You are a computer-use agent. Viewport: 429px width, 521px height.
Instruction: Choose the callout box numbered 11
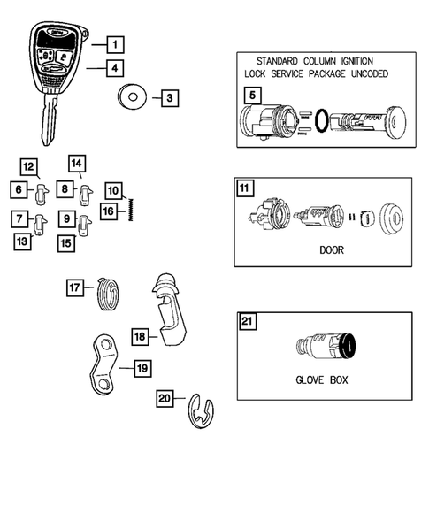(x=245, y=187)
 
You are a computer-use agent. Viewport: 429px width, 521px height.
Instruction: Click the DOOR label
(x=331, y=249)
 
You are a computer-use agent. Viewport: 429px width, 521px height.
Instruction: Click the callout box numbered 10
(x=113, y=189)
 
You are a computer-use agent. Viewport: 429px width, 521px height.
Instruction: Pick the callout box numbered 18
(x=140, y=336)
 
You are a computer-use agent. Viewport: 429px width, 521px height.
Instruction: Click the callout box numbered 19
(x=142, y=367)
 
